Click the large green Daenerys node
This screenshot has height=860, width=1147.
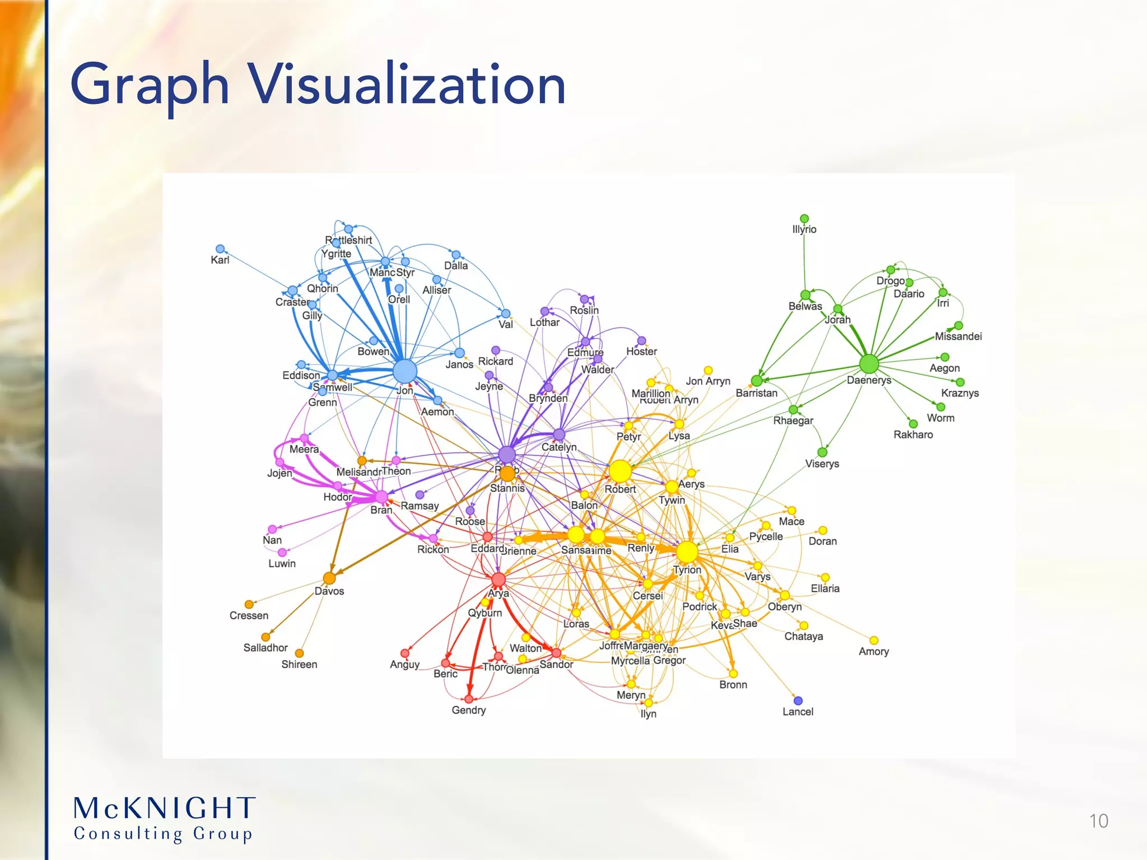tap(869, 364)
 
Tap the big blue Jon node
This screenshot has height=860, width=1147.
tap(405, 371)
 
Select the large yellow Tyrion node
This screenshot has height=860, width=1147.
tap(687, 552)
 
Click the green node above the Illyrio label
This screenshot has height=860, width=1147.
tap(804, 218)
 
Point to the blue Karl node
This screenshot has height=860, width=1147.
tap(220, 249)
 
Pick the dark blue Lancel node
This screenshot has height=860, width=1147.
tap(798, 700)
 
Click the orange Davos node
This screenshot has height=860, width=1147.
tap(329, 578)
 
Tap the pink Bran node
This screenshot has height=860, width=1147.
tap(381, 497)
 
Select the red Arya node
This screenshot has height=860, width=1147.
tap(498, 579)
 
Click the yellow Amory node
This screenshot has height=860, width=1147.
tap(874, 640)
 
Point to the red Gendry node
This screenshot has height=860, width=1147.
tap(469, 699)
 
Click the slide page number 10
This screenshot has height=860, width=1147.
tap(1098, 821)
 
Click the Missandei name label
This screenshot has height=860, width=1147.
tap(958, 336)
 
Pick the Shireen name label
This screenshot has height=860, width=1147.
tap(299, 665)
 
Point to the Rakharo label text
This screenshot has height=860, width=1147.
tap(913, 434)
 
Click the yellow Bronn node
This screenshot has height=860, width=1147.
tap(733, 674)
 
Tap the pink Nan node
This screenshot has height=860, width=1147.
tap(272, 529)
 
